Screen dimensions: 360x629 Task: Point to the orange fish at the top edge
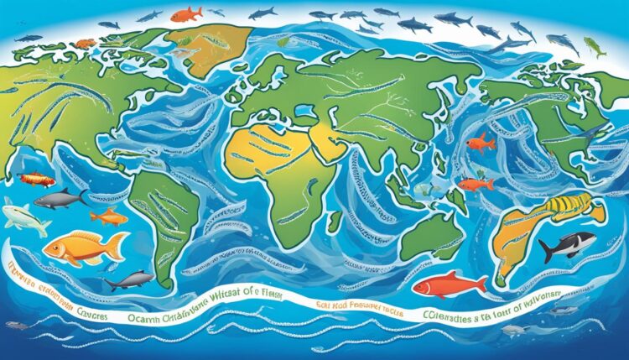[x=186, y=13]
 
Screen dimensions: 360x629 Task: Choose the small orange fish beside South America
[x=109, y=217]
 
